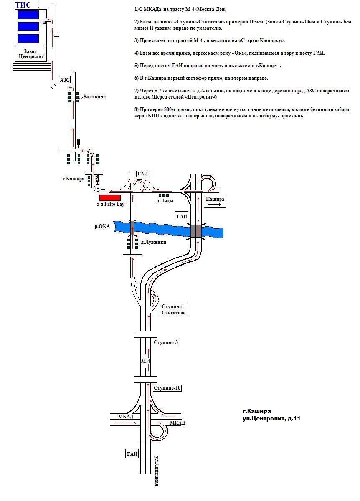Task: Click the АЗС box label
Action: click(x=65, y=80)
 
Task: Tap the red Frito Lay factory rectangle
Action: click(x=110, y=197)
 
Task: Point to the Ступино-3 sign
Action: click(x=166, y=342)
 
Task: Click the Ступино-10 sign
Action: click(x=167, y=388)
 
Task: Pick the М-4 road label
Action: click(x=145, y=361)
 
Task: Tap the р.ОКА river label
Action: click(x=102, y=226)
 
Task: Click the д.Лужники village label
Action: click(x=154, y=242)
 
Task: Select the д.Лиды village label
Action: click(x=165, y=201)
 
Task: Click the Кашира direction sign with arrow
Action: click(x=215, y=201)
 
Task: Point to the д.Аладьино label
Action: click(x=92, y=96)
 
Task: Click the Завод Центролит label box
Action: click(x=31, y=54)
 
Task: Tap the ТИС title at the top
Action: click(x=23, y=5)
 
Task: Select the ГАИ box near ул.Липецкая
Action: click(x=132, y=454)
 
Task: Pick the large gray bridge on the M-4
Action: click(x=196, y=231)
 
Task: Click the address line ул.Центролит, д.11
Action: click(x=271, y=418)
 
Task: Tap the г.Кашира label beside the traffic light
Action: click(x=74, y=179)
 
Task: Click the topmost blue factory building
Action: click(x=28, y=15)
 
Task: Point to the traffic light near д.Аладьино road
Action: click(x=79, y=143)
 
